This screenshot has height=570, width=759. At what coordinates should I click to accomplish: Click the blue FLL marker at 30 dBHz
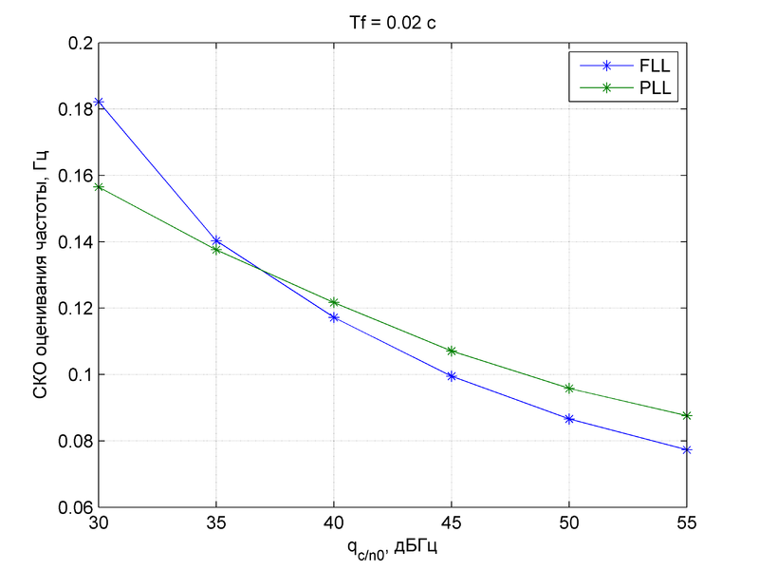click(99, 102)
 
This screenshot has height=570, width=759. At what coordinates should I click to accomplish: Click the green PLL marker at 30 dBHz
click(99, 187)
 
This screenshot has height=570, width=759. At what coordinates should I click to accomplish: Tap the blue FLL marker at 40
click(334, 317)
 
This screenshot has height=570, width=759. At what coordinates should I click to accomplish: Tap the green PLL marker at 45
click(452, 351)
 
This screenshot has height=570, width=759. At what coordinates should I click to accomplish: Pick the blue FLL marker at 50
click(569, 419)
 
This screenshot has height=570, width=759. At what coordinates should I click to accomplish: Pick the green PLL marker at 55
click(687, 415)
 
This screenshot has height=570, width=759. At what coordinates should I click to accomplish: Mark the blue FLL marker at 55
click(687, 449)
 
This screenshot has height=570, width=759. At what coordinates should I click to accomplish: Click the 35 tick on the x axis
click(216, 523)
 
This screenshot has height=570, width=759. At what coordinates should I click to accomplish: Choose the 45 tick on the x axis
click(452, 523)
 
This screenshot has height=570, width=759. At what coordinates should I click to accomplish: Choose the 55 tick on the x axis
click(687, 523)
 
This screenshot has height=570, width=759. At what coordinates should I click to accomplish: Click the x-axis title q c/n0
click(392, 548)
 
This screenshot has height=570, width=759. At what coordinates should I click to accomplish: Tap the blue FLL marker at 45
click(452, 376)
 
